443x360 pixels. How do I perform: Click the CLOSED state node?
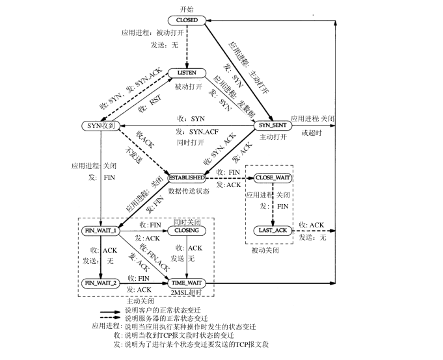[187, 21]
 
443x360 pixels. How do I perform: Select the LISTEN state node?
[187, 73]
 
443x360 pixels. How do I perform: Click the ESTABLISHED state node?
[187, 177]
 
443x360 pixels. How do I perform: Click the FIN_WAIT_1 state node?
[100, 231]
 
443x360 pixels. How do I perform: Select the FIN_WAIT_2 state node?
[100, 283]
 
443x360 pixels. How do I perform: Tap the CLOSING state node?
[187, 231]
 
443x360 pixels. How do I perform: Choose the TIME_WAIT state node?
[187, 283]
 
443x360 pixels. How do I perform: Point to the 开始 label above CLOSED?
[187, 8]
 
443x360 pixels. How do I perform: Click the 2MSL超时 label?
[187, 293]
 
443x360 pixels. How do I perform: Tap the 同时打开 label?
[189, 142]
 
